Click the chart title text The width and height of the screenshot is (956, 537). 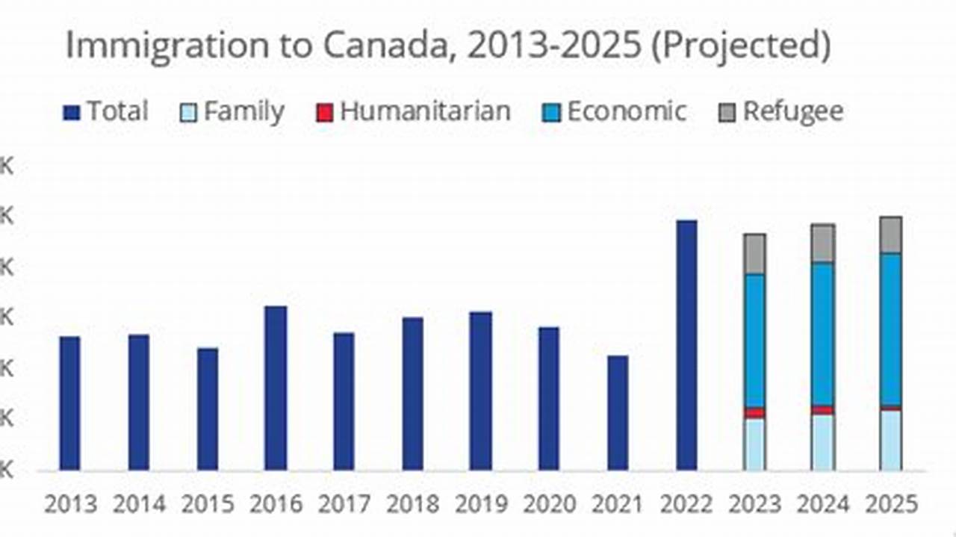tap(447, 46)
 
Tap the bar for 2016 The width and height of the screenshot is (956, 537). tap(276, 388)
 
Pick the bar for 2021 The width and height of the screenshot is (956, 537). tap(618, 412)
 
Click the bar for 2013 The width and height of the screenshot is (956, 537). tap(69, 403)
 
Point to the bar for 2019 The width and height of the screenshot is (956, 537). tap(480, 391)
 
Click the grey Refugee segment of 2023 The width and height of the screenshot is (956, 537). tap(754, 254)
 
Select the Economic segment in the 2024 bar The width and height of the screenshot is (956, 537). tap(823, 334)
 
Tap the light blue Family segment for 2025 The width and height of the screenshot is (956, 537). tap(890, 440)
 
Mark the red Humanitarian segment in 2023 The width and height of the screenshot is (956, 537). tap(754, 413)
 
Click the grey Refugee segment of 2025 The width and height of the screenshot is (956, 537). tap(890, 235)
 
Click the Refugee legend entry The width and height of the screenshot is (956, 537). tap(781, 112)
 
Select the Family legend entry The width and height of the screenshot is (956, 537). tap(233, 112)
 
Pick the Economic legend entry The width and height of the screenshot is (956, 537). tap(614, 112)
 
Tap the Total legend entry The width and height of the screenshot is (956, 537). tap(106, 112)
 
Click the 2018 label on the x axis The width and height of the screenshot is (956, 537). tap(412, 506)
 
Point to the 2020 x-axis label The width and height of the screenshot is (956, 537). tap(549, 506)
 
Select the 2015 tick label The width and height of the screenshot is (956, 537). tap(207, 506)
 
